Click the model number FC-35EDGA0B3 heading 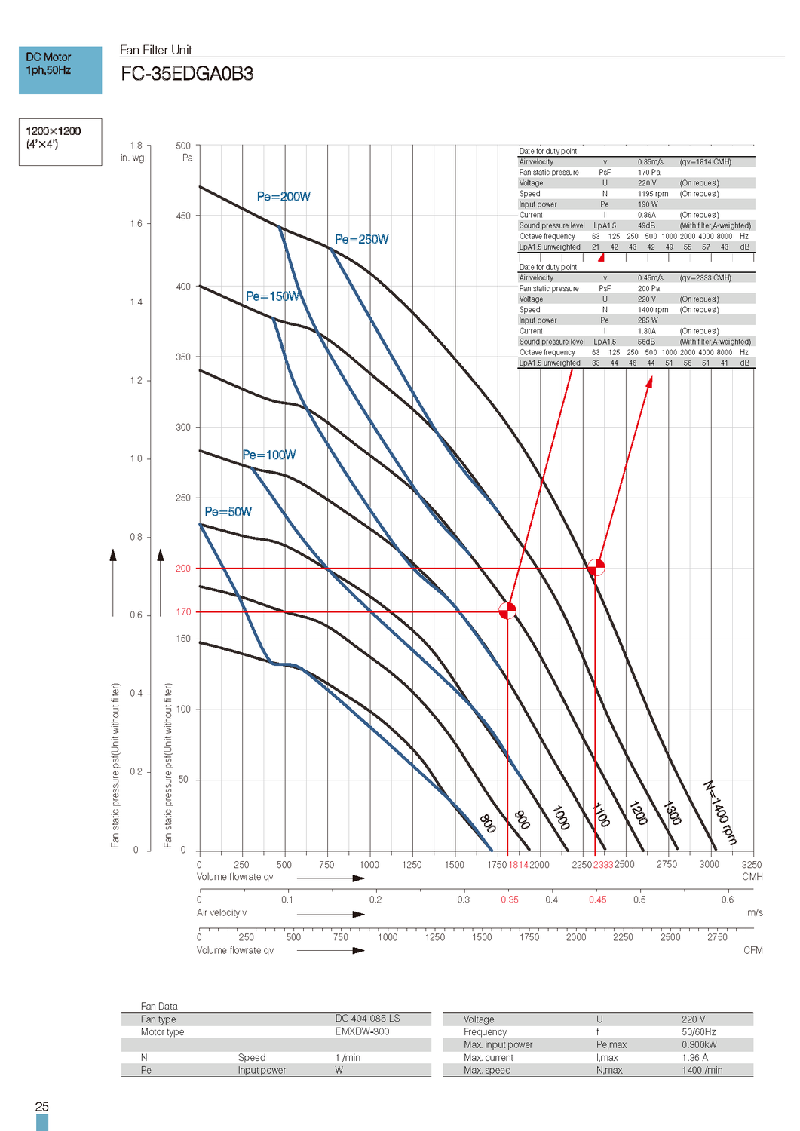187,74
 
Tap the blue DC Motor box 60,70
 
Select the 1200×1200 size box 60,142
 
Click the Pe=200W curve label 284,197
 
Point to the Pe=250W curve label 362,240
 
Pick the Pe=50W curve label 228,512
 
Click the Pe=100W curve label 269,455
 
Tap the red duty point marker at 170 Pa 507,611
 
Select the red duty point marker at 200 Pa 596,567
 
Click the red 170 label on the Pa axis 183,612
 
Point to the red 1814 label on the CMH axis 518,865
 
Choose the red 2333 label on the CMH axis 603,865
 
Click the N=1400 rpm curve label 719,812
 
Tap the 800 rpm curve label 488,823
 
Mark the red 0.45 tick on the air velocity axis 597,900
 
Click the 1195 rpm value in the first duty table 653,194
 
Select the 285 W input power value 648,320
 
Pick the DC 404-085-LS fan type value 367,1019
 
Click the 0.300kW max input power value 699,1045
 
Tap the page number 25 42,1107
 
